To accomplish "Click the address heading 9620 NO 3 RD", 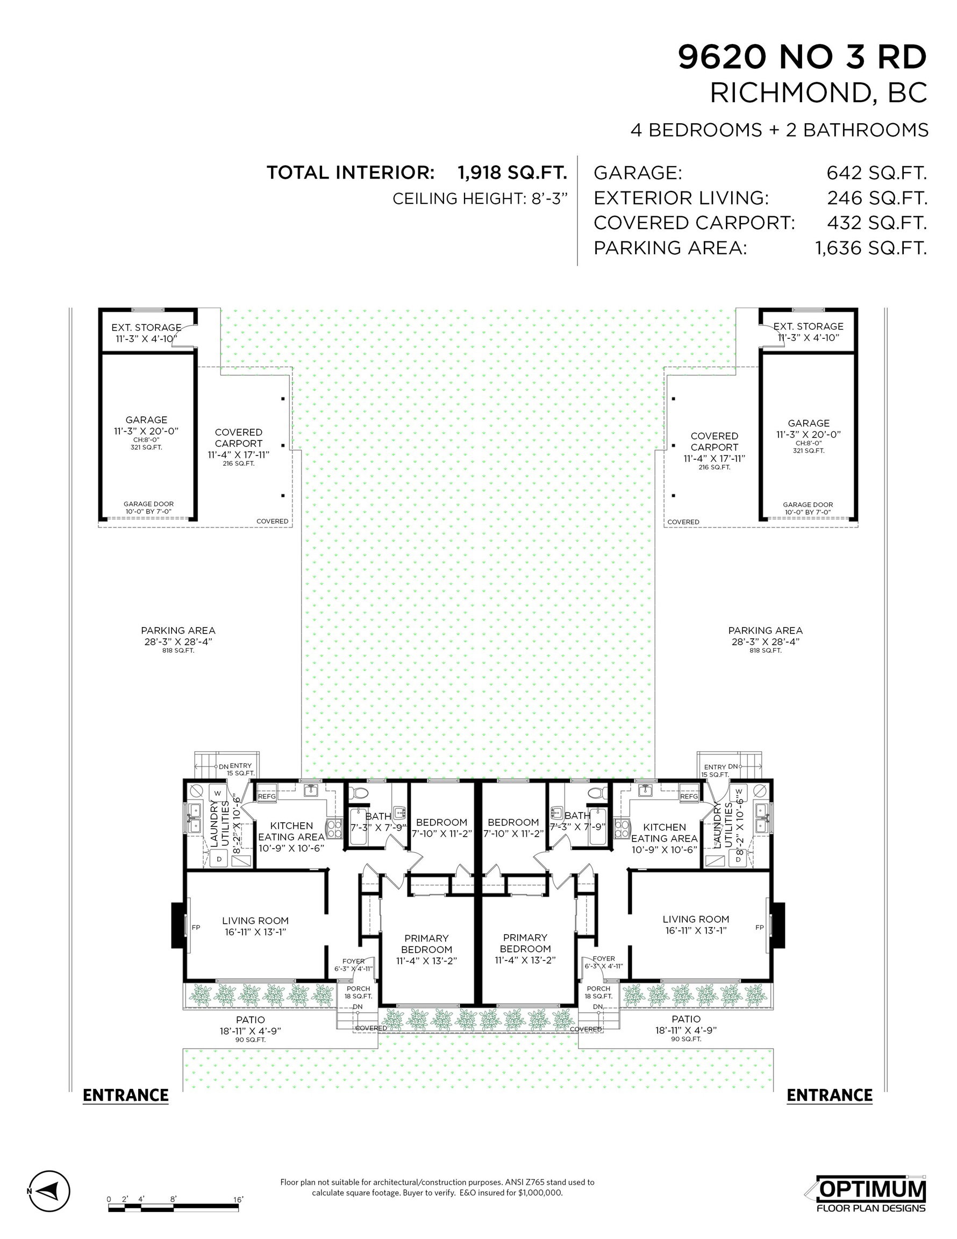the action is (802, 58).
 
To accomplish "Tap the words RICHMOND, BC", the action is (819, 93).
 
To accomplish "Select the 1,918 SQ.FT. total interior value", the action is (513, 173).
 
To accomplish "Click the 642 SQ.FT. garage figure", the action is (876, 173).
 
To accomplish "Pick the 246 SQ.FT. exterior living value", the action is (876, 198).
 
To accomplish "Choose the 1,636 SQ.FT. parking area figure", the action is (872, 248).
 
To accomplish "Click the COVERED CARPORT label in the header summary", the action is (694, 223).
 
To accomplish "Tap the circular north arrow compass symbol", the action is (49, 1190).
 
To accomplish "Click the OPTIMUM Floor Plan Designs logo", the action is (871, 1191).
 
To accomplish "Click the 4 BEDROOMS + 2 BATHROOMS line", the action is (780, 130).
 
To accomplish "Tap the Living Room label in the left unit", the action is (255, 921).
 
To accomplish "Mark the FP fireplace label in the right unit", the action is (760, 928).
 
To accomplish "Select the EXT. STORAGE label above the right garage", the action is (809, 326).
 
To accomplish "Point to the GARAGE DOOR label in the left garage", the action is (148, 504).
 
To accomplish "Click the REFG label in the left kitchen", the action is (267, 796).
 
